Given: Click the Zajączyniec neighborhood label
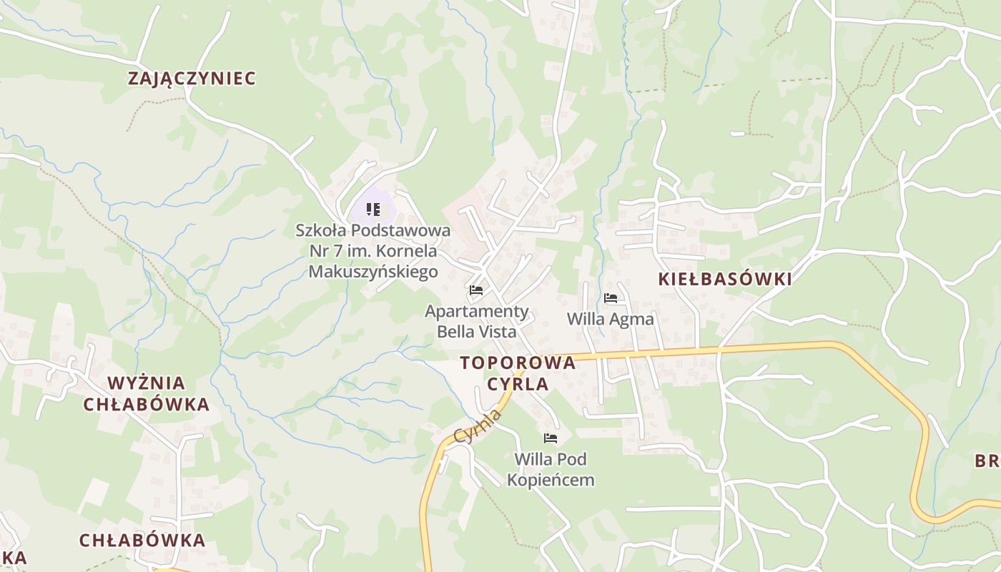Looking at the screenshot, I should pos(192,79).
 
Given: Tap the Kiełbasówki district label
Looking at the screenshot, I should pos(725,280).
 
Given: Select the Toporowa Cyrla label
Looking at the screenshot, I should pos(518,373).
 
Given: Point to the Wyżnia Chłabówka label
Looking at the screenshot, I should pos(147,393).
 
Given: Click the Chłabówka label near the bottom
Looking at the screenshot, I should pos(142,541).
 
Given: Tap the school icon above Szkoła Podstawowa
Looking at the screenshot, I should pos(373,209).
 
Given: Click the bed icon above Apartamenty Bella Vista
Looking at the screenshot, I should pos(476,290).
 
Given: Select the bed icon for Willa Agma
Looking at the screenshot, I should pos(610,297).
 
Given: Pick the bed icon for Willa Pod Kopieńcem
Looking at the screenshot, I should pos(550,438).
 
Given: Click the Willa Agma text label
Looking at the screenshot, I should pos(610,319).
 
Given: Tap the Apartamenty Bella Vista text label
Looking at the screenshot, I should pos(477,322).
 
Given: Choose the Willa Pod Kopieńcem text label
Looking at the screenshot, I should pos(551,469).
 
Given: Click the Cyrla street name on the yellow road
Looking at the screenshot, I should pos(478,426).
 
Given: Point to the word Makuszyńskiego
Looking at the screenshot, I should pos(373,272).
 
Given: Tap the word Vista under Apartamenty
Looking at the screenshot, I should pos(495,332).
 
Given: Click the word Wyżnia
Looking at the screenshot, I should pos(147,383).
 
